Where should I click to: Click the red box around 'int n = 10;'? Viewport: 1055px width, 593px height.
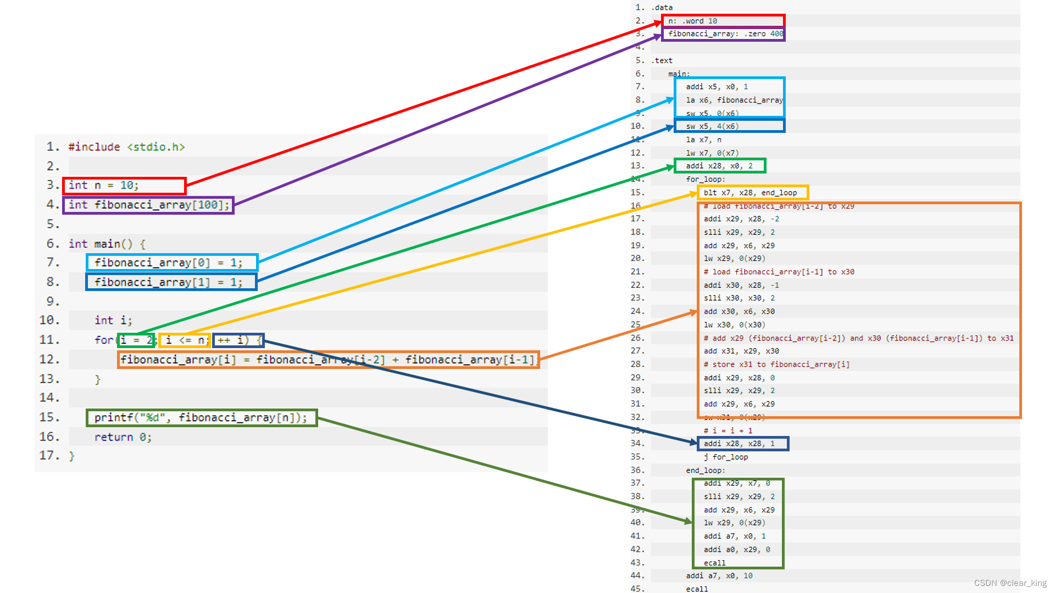[125, 186]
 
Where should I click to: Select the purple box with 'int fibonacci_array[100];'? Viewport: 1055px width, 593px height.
[148, 205]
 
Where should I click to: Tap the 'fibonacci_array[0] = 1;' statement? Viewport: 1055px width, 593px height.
[171, 262]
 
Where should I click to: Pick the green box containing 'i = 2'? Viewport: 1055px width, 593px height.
[136, 340]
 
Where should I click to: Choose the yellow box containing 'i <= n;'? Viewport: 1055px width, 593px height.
[185, 340]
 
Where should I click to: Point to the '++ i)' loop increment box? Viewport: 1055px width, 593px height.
[238, 340]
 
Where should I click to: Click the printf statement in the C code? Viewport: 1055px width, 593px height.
[202, 418]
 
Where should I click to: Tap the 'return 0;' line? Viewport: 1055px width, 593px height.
[123, 437]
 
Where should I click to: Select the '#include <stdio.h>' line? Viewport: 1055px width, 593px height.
[126, 147]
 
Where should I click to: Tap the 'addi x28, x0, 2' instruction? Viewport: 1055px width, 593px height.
[719, 166]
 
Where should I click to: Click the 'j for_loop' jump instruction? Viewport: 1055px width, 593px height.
[725, 457]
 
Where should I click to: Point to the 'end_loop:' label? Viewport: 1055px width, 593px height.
[705, 471]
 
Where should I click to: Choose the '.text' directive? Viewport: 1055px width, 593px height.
[662, 60]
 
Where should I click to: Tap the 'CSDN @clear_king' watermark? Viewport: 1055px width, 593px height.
[1010, 583]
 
